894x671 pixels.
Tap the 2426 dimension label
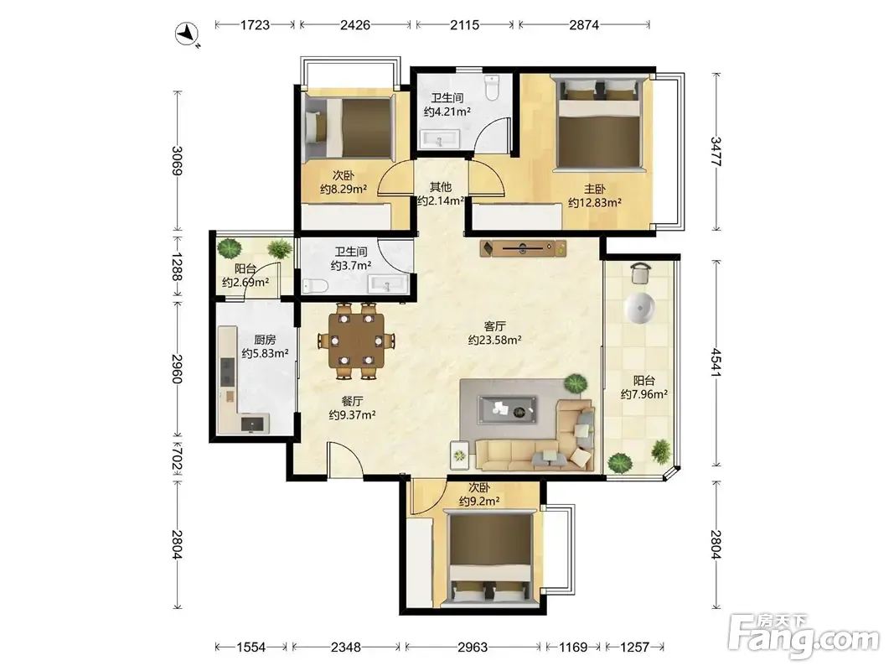click(x=354, y=24)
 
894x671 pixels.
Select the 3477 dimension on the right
click(x=716, y=151)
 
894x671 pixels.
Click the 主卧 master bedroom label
click(x=594, y=189)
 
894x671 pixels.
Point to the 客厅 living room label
click(x=494, y=326)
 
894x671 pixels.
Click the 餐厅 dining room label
click(x=352, y=401)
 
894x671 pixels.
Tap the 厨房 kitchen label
click(x=265, y=340)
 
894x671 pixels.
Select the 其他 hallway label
click(x=440, y=186)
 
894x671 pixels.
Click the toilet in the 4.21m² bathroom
click(x=492, y=87)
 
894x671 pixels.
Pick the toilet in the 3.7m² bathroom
click(x=315, y=285)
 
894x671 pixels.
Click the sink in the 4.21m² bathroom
click(x=439, y=138)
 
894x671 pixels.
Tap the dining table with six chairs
click(x=356, y=341)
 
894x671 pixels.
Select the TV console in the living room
click(x=524, y=248)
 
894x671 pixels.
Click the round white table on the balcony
click(x=640, y=308)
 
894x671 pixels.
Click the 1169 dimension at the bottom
click(x=572, y=647)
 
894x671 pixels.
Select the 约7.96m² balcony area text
click(x=644, y=394)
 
